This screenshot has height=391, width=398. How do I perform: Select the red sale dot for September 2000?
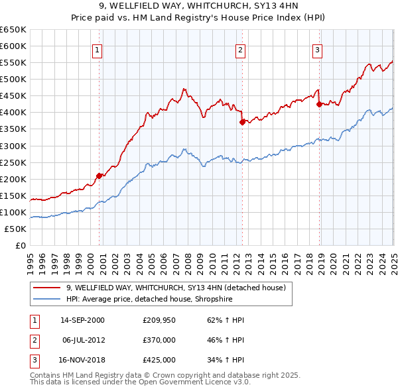point(99,176)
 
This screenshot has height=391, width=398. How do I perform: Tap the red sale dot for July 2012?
point(242,122)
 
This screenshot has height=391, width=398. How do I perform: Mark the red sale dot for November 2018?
point(319,104)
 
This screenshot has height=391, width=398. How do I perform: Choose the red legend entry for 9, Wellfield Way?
point(176,288)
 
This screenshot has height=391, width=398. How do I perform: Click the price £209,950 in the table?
point(159,320)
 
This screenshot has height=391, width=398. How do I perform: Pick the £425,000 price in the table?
point(159,360)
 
